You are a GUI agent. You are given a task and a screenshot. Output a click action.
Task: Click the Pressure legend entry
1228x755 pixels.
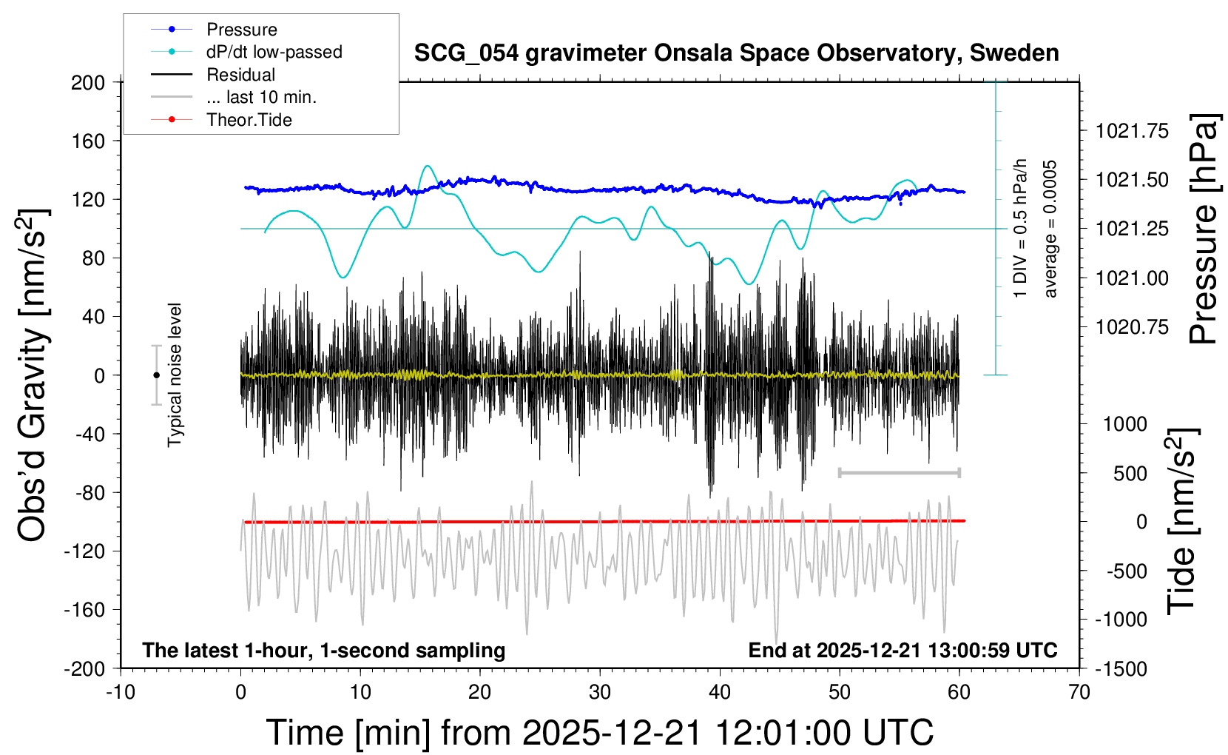point(241,30)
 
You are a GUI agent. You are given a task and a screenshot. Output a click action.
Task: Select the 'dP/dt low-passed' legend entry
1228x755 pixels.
point(274,53)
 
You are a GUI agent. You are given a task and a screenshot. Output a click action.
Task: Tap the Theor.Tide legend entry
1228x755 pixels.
point(249,120)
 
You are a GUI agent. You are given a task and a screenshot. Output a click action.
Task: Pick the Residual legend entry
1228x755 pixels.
point(240,75)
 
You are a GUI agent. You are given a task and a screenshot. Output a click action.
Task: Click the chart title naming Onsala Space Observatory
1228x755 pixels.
point(736,53)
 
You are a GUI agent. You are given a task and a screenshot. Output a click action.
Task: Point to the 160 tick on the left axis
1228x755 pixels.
point(88,141)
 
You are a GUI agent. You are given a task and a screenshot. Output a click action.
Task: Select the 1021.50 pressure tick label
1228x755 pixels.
point(1132,180)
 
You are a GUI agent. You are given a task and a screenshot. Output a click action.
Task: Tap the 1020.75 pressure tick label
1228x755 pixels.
point(1132,327)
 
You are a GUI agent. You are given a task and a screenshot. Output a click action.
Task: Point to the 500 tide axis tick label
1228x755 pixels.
point(1130,473)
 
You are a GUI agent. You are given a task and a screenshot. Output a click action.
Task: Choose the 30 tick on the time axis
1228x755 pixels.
point(600,692)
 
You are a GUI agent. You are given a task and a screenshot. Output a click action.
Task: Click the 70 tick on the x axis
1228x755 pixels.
point(1079,692)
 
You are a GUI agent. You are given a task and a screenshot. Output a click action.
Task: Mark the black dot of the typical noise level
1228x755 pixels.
point(156,375)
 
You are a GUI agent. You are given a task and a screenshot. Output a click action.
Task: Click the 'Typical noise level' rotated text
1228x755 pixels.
point(175,375)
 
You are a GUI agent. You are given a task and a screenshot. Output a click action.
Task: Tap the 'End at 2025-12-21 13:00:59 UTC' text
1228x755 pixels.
point(903,651)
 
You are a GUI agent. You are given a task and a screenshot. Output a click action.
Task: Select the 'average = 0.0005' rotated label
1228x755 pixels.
point(1050,229)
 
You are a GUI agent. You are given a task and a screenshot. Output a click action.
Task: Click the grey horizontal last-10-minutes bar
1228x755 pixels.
point(899,472)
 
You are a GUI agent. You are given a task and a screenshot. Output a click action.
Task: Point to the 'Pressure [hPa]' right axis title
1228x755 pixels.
point(1204,229)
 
